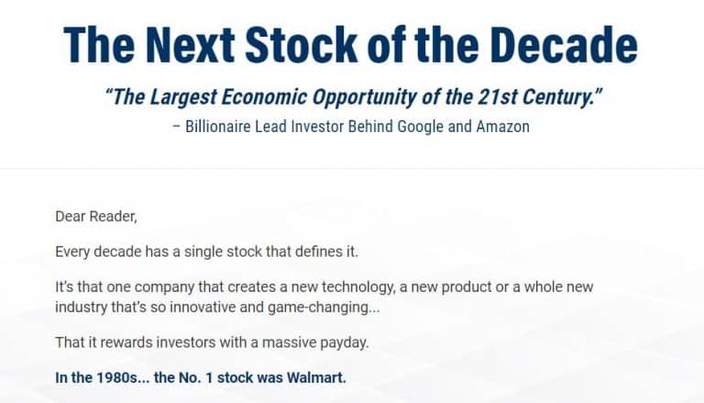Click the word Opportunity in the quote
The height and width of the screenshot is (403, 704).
pyautogui.click(x=386, y=97)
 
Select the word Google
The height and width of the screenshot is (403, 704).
pyautogui.click(x=421, y=126)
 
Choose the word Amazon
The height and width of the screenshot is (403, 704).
pyautogui.click(x=502, y=126)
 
